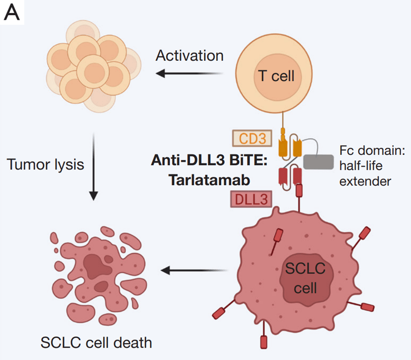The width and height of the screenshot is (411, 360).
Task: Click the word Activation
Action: [x=190, y=56]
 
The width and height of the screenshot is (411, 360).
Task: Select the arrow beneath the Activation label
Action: [x=190, y=74]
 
